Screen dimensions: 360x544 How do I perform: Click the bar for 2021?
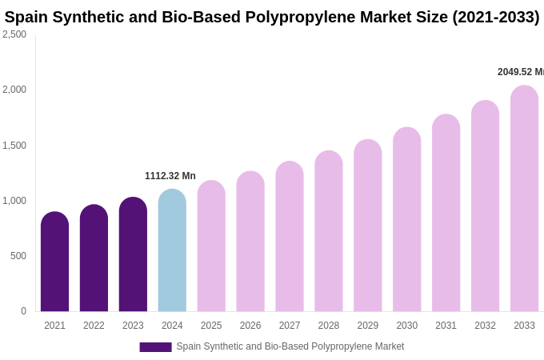(x=54, y=262)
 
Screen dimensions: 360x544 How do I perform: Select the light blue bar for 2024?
(x=172, y=250)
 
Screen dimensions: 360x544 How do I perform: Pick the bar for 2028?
(x=329, y=231)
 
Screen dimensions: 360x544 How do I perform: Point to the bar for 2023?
(x=133, y=254)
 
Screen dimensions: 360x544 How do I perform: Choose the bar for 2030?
(x=406, y=219)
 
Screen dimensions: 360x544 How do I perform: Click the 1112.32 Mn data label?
(x=170, y=176)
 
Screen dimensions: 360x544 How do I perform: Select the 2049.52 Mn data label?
(x=520, y=72)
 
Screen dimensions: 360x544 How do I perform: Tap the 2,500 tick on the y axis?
(x=14, y=34)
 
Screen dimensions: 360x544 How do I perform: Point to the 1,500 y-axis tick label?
(x=14, y=146)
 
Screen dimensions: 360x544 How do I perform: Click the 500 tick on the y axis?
(x=18, y=256)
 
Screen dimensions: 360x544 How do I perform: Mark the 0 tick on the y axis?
(x=23, y=311)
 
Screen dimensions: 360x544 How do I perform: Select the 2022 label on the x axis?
(x=94, y=326)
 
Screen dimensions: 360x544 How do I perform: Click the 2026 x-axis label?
(x=250, y=326)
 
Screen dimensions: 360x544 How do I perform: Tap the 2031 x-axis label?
(x=446, y=326)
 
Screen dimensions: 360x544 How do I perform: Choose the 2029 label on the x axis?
(x=368, y=326)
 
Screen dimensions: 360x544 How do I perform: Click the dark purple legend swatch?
(x=155, y=347)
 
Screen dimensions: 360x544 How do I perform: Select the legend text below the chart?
(x=290, y=346)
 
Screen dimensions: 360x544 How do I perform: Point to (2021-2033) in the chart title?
(x=496, y=17)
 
